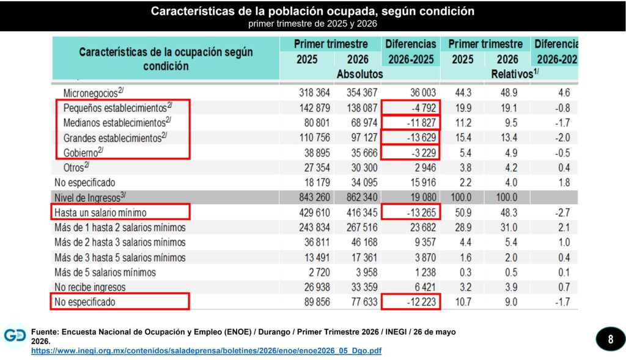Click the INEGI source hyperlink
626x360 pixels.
[207, 351]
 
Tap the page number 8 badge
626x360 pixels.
[611, 339]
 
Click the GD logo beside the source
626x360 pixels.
[15, 336]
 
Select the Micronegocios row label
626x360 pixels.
[94, 92]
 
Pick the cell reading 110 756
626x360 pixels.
[315, 138]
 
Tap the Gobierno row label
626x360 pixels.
[83, 152]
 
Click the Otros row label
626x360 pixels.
[76, 167]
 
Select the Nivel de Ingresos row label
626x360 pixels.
[90, 197]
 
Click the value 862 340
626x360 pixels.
[362, 197]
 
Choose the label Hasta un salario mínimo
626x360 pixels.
[100, 212]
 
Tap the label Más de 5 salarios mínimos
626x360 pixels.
[105, 272]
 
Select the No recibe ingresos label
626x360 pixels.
[90, 287]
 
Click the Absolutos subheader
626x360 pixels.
[359, 74]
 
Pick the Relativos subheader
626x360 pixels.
[515, 74]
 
